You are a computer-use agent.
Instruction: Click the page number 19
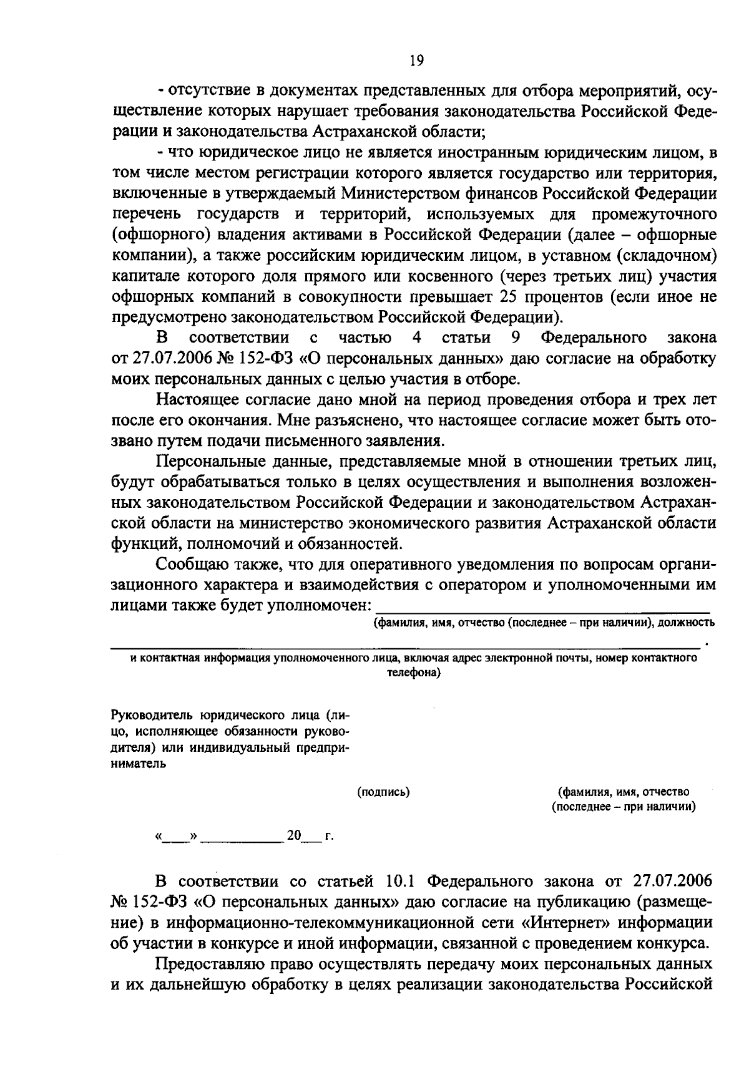[416, 61]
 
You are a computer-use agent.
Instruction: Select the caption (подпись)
[383, 792]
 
